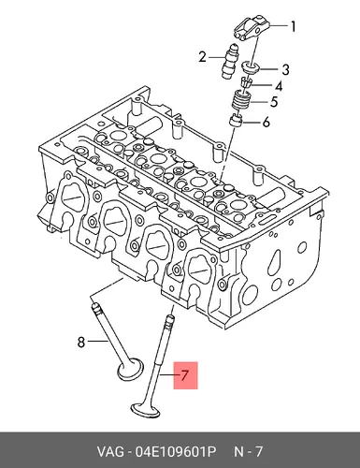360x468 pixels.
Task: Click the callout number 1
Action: point(293,26)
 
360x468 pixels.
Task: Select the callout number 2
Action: point(203,57)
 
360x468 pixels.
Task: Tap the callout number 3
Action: point(285,69)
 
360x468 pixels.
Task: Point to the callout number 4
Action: point(279,86)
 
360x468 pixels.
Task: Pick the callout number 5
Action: point(274,102)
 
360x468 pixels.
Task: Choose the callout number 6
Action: point(266,123)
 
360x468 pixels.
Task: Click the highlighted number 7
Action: point(185,374)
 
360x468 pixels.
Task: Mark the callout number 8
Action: point(81,342)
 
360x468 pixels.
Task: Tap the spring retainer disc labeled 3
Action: point(252,67)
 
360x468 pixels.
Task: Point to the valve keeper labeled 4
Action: point(246,83)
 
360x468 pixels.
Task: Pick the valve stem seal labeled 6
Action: point(236,121)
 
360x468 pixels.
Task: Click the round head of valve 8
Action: point(130,370)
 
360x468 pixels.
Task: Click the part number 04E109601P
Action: point(175,451)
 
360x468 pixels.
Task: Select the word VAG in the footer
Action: point(109,451)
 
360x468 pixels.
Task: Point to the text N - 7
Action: point(249,451)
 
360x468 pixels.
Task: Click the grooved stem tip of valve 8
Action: point(95,308)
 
